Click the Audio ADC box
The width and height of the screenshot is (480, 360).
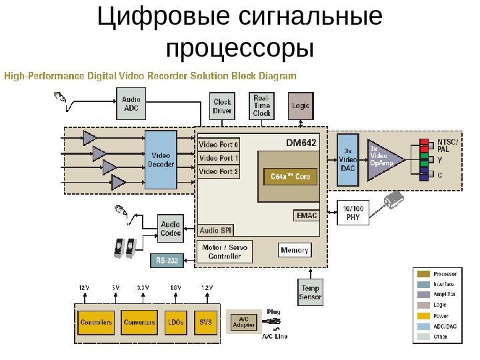(x=131, y=103)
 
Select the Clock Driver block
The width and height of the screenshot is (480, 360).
(x=222, y=107)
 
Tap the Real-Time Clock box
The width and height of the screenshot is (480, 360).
(x=262, y=105)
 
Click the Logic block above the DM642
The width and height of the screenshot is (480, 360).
(x=300, y=106)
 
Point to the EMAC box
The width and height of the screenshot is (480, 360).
(x=306, y=215)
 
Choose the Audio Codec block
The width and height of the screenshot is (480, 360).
(x=171, y=229)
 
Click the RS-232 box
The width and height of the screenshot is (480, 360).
(x=167, y=261)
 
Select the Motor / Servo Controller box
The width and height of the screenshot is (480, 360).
(x=224, y=251)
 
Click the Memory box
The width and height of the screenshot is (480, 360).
(x=294, y=251)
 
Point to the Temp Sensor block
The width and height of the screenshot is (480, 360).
(x=310, y=292)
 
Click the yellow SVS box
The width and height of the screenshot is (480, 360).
(x=205, y=323)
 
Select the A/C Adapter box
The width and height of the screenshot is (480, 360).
(x=243, y=322)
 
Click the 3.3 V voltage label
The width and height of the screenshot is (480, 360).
(x=143, y=287)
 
